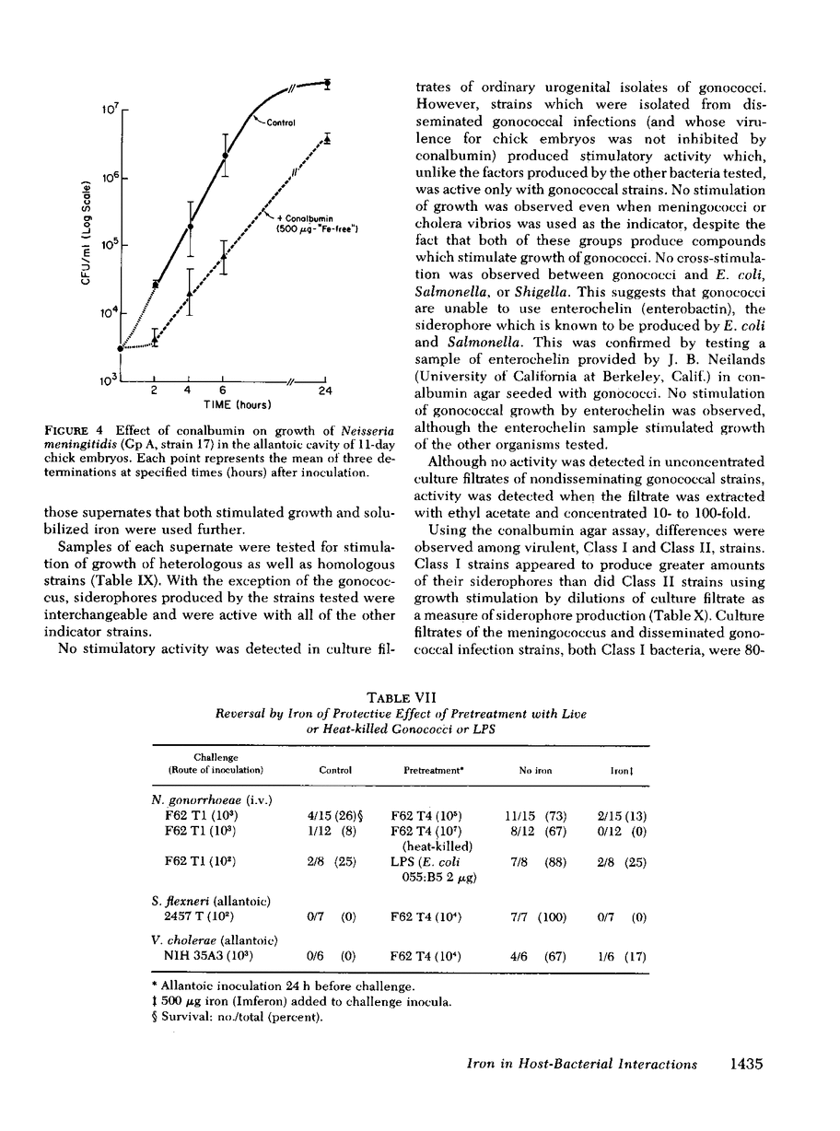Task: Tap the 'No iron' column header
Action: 533,769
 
